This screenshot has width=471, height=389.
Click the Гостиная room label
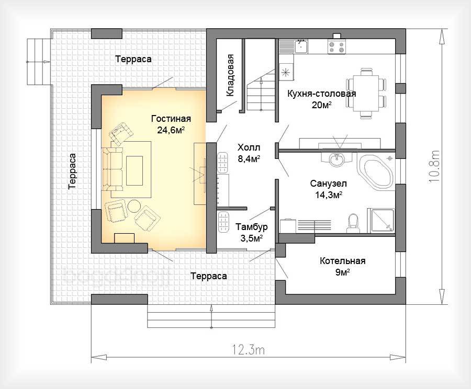point(171,119)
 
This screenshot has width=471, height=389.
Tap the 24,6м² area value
point(171,130)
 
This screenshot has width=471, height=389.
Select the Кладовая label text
point(230,75)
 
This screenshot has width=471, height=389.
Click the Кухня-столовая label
point(322,94)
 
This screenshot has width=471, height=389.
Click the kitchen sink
point(301,47)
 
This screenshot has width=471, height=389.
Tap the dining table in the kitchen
point(366,93)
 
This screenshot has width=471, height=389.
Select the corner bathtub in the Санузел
point(375,173)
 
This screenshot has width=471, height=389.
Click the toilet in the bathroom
point(353,223)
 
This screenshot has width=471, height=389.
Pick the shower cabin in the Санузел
point(382,221)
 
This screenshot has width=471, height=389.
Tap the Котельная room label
point(342,261)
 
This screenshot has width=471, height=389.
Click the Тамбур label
point(251,227)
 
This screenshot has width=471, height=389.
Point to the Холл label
point(249,147)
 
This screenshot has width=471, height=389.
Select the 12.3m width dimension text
point(248,350)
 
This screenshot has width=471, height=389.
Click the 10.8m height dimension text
point(434,166)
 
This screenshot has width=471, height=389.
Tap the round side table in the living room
point(134,206)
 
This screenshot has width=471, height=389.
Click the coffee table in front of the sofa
point(134,171)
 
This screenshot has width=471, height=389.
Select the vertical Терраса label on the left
point(72,171)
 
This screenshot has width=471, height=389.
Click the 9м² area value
point(342,272)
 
